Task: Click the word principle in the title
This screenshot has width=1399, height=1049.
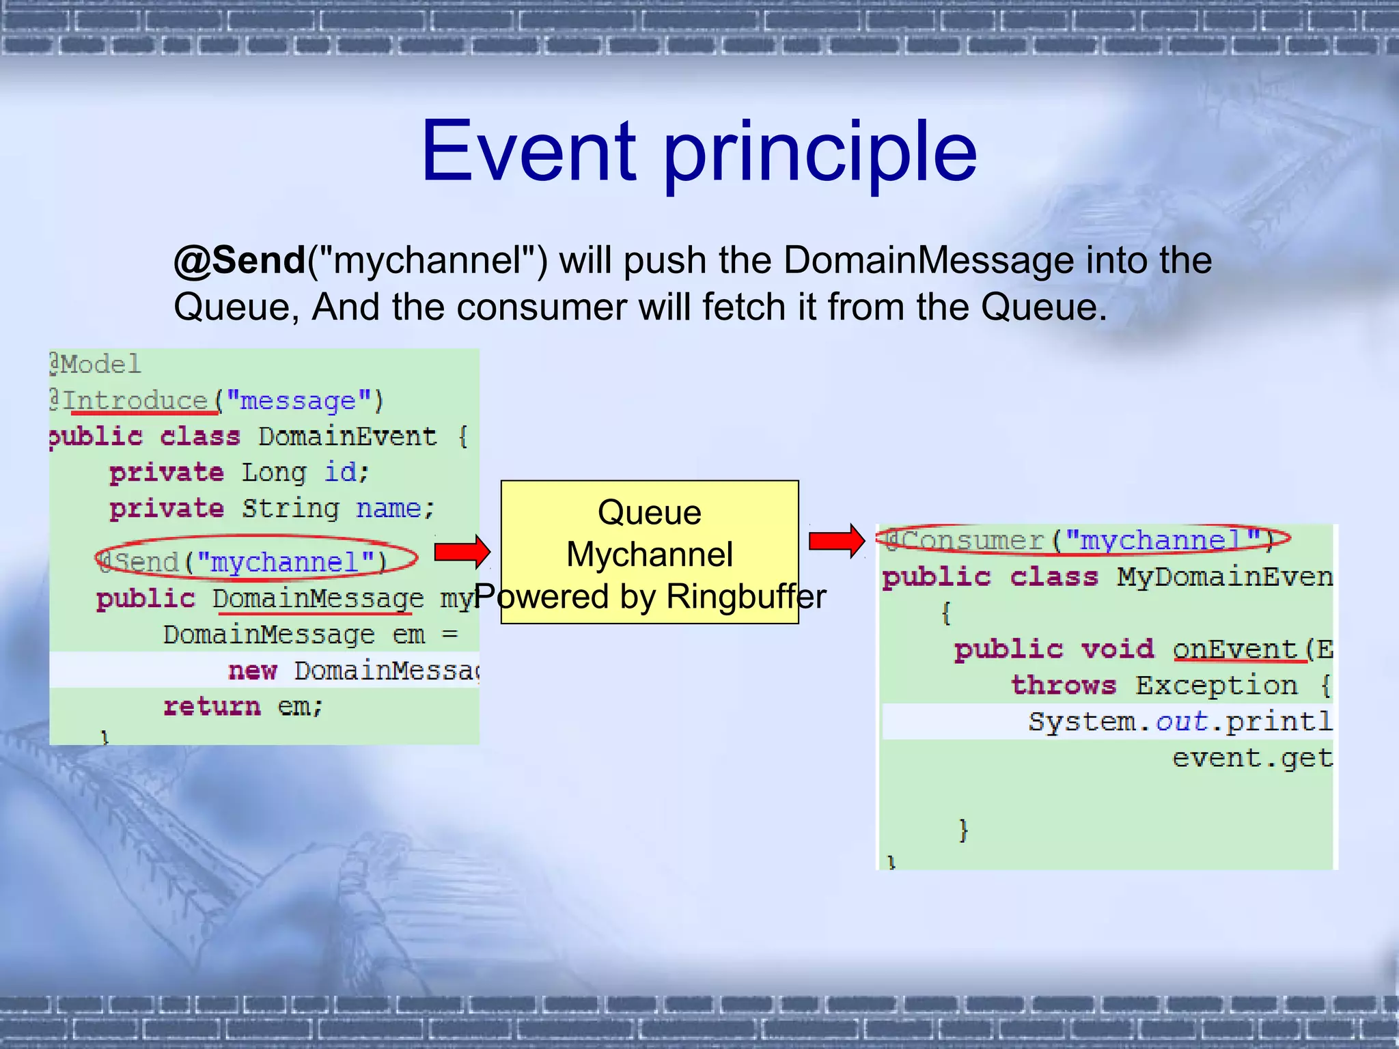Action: point(820,154)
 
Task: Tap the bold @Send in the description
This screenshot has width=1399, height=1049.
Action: point(239,261)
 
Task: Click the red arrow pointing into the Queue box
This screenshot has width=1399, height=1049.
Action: point(462,550)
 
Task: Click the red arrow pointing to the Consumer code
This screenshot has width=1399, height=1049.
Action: point(836,541)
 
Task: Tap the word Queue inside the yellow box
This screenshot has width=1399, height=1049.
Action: point(649,512)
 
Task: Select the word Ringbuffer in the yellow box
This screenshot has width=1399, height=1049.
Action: point(746,597)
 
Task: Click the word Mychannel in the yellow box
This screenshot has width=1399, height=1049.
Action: point(649,555)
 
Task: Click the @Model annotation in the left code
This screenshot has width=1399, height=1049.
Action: point(96,364)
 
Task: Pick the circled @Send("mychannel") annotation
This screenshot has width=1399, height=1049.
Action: point(255,561)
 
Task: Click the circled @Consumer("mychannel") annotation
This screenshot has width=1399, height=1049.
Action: point(1082,540)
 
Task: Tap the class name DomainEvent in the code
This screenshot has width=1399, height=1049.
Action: point(347,436)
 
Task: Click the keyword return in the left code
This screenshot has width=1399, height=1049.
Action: point(212,706)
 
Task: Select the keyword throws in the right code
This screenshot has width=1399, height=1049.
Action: point(1064,685)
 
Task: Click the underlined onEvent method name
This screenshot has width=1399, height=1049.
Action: point(1234,649)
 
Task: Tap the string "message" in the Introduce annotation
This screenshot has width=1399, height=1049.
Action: point(299,400)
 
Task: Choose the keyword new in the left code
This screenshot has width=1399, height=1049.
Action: point(252,671)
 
